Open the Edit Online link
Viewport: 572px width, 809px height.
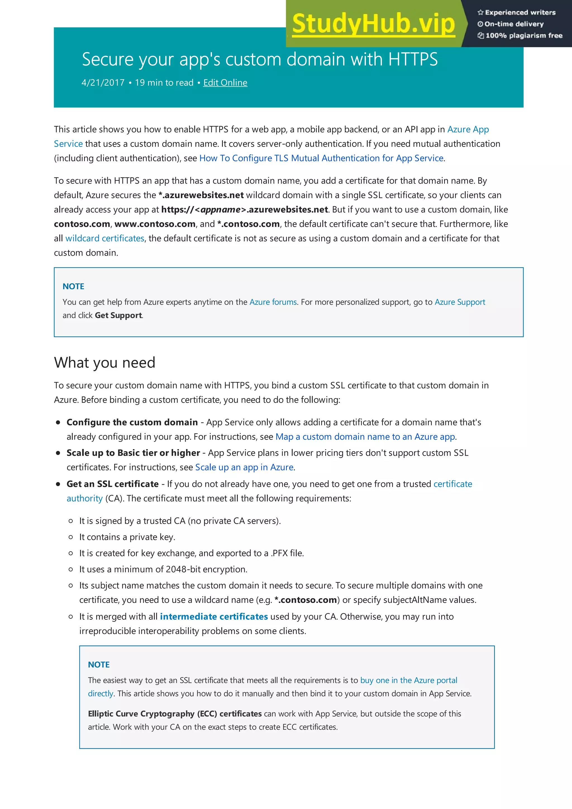(225, 83)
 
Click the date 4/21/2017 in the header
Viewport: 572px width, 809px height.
(103, 83)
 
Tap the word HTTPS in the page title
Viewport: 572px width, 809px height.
(413, 59)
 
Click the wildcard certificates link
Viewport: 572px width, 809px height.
(105, 239)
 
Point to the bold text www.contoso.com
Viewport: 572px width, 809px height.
(155, 224)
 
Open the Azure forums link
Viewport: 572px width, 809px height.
(273, 302)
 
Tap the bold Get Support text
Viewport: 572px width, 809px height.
(118, 315)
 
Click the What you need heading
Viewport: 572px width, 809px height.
(105, 363)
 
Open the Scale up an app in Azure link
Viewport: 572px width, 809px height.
(244, 467)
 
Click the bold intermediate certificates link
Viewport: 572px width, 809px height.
(214, 617)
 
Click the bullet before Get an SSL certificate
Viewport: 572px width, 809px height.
(58, 484)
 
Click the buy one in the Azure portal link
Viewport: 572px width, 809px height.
(408, 680)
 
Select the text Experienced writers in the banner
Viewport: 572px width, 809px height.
(520, 13)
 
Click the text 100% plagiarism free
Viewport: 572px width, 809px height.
(523, 35)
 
